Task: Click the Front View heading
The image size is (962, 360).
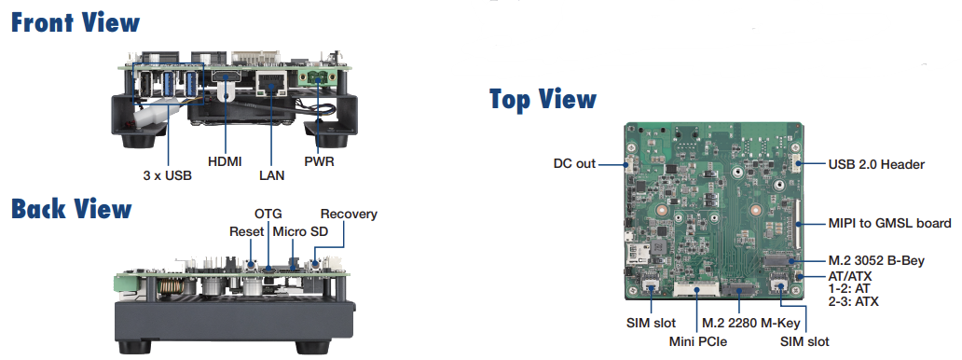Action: pos(76,21)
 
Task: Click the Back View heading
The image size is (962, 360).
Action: pos(72,208)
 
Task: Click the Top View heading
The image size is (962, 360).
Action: pos(543,99)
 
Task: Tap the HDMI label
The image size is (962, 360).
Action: pos(225,161)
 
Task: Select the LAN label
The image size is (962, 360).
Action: pos(272,173)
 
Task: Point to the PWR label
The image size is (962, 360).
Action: pos(319,161)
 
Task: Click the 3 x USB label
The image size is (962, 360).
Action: pos(168,173)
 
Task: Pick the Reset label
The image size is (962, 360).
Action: pos(247,230)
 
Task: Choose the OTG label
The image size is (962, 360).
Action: pos(268,215)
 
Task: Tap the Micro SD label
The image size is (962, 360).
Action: pos(298,230)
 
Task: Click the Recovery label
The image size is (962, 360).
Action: pos(349,215)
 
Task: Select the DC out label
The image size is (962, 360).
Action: pos(574,164)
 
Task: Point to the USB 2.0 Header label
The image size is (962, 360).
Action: pos(876,164)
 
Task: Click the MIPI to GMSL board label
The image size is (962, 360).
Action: pos(889,223)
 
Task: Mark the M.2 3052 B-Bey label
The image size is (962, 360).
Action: pos(876,260)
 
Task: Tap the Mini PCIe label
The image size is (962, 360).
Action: pos(697,341)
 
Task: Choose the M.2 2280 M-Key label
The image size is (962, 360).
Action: pos(752,322)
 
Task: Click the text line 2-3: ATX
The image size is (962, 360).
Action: pos(853,301)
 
